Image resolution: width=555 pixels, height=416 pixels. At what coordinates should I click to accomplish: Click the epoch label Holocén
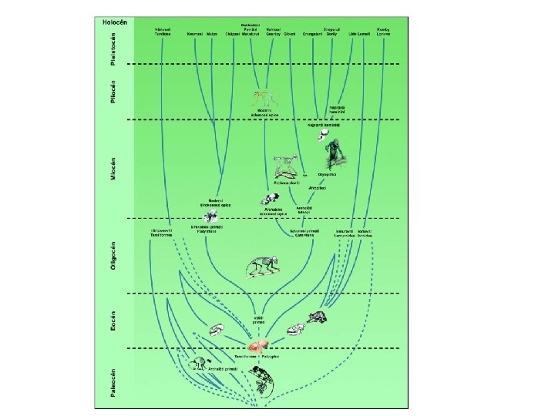[110, 22]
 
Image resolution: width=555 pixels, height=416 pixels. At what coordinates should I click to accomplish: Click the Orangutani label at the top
[312, 35]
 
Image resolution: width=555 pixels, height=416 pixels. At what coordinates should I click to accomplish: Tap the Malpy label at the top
[213, 35]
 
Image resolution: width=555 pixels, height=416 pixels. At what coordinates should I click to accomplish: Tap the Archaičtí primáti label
[221, 369]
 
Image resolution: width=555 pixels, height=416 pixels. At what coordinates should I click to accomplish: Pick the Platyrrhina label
[206, 231]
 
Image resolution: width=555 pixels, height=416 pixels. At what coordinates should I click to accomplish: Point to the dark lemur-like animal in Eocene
[317, 317]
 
